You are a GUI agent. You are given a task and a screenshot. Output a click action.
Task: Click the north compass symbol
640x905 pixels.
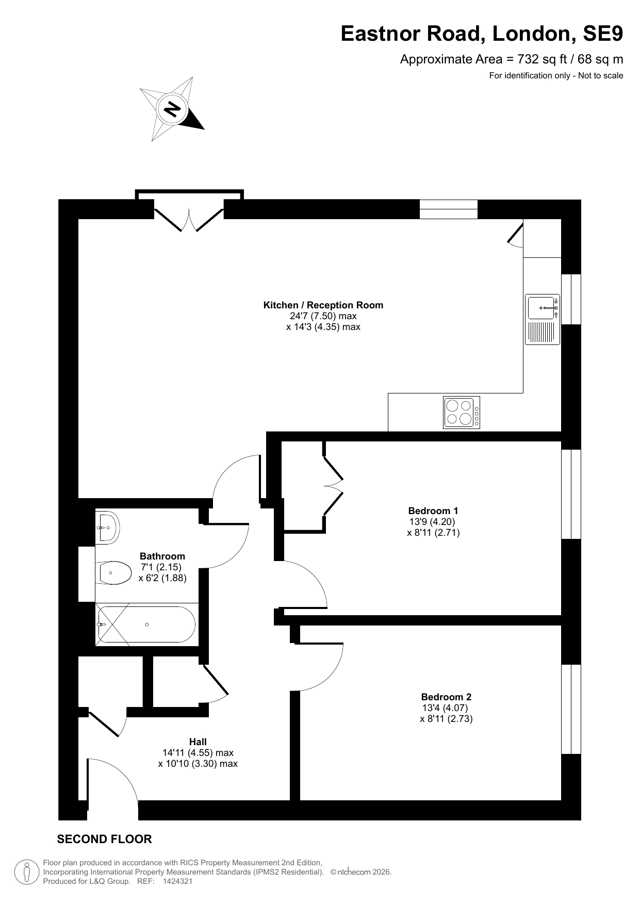[172, 109]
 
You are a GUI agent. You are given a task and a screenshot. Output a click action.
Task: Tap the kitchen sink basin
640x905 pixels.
[541, 307]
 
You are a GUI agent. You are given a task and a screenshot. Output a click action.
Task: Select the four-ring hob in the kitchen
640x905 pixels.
[462, 412]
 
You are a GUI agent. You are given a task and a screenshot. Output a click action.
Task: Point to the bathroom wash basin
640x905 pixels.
[107, 528]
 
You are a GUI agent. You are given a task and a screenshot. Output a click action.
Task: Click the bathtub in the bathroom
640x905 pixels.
[146, 624]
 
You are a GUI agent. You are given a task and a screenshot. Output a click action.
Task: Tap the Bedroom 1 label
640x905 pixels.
[433, 511]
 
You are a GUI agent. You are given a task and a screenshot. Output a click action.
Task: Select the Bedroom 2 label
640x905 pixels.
[446, 697]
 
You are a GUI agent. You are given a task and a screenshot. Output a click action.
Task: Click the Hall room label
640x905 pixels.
[198, 742]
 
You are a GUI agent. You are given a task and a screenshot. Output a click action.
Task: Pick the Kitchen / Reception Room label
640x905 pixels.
[323, 305]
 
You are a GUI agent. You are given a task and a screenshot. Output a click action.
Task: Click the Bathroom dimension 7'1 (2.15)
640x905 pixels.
[161, 567]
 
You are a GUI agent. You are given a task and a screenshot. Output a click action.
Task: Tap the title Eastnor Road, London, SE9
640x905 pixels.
[482, 34]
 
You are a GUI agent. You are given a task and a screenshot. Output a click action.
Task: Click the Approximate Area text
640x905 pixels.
[512, 59]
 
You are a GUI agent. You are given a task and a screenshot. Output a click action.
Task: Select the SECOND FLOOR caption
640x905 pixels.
[104, 839]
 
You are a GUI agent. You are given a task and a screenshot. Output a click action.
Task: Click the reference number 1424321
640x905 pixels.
[177, 881]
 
